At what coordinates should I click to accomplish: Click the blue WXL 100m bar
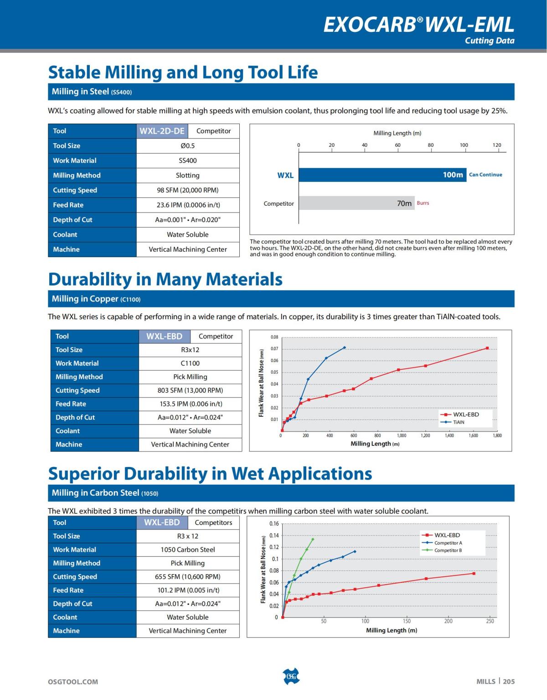[382, 175]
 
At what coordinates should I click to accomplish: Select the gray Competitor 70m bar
[356, 203]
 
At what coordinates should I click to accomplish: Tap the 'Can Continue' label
[485, 175]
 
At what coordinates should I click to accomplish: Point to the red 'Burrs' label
[423, 203]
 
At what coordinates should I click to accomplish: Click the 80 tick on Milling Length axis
[430, 145]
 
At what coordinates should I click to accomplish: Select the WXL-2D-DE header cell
[162, 131]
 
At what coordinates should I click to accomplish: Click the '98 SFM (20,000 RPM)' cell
[188, 190]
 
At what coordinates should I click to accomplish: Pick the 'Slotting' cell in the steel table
[188, 175]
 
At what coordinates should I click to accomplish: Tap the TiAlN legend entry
[454, 422]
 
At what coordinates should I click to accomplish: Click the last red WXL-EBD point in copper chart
[487, 348]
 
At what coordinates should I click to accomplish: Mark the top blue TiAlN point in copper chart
[344, 347]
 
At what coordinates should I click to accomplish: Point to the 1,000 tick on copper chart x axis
[402, 436]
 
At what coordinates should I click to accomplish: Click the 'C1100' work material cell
[190, 363]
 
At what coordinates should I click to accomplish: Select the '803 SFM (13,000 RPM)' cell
[190, 390]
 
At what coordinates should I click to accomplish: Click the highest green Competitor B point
[313, 539]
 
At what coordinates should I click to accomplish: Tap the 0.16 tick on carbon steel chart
[274, 524]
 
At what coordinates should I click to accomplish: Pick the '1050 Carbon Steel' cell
[188, 550]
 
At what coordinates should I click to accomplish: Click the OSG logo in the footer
[291, 676]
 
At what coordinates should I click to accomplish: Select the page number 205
[509, 681]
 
